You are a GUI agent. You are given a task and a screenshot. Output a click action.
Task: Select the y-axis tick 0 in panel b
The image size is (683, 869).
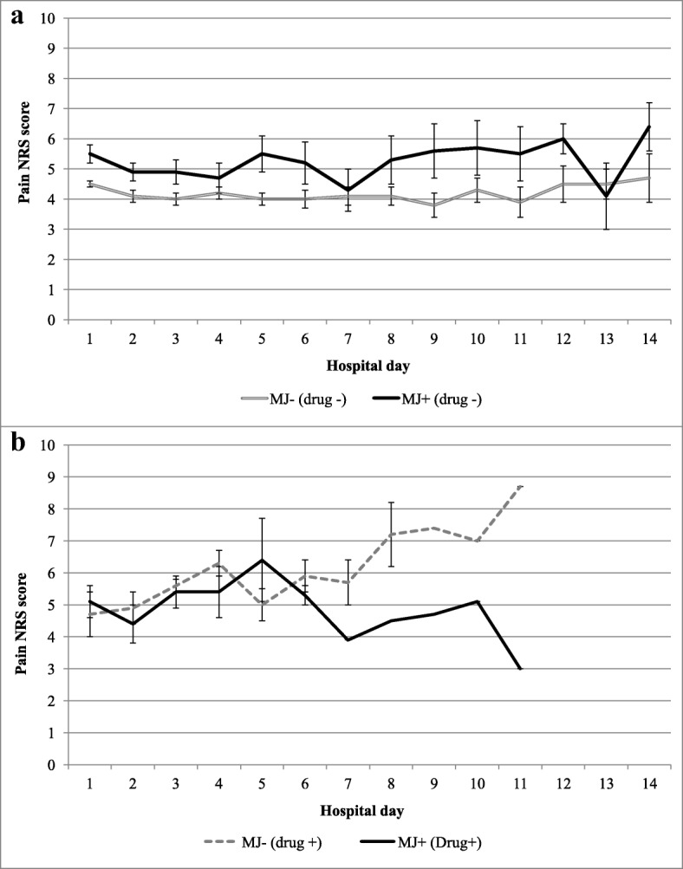[54, 765]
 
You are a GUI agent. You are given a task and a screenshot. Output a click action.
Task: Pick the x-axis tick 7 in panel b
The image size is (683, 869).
[348, 784]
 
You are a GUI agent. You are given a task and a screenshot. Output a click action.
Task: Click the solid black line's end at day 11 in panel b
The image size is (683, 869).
[519, 669]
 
